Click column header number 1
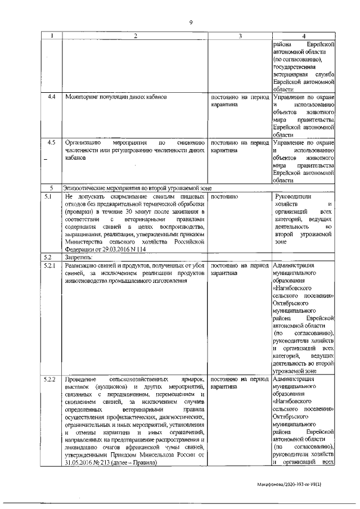pyautogui.click(x=52, y=37)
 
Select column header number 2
pyautogui.click(x=135, y=37)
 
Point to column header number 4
pyautogui.click(x=303, y=37)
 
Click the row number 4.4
pyautogui.click(x=52, y=97)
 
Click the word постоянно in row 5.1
pyautogui.click(x=225, y=197)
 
